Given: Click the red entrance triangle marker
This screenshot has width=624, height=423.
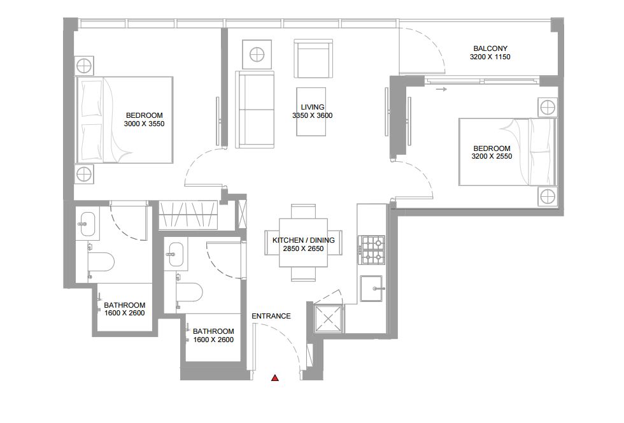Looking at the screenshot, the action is coord(274,378).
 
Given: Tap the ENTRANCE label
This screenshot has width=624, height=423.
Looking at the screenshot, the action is coord(271,316).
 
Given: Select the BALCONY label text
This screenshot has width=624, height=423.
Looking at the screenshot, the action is coord(490,48).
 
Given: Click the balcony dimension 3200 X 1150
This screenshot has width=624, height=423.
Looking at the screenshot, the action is coord(490,57).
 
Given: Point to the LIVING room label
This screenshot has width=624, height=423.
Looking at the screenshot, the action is coord(313,107).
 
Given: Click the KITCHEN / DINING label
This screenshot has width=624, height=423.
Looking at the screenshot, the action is coord(304,240).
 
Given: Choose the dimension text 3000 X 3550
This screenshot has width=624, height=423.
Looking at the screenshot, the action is coord(144,124).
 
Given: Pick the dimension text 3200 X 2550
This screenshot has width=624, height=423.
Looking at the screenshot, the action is coord(492,157).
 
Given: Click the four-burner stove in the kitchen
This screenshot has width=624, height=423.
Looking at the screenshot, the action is coord(372,250).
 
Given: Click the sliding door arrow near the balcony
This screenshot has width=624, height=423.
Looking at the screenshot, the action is coord(441,89).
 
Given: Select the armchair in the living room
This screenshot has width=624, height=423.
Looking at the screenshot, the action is coord(313,58).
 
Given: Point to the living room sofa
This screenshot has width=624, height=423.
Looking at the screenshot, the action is coord(255,110).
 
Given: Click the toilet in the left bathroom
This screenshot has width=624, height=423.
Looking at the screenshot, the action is coord(101,262).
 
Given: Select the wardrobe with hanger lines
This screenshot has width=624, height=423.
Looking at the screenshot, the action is coord(188,215).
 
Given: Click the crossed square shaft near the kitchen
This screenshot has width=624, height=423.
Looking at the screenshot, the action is coord(328,319).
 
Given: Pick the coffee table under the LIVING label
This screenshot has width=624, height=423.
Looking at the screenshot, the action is coord(311,111).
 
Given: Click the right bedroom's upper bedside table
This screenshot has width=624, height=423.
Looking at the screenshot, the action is coord(547,107).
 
